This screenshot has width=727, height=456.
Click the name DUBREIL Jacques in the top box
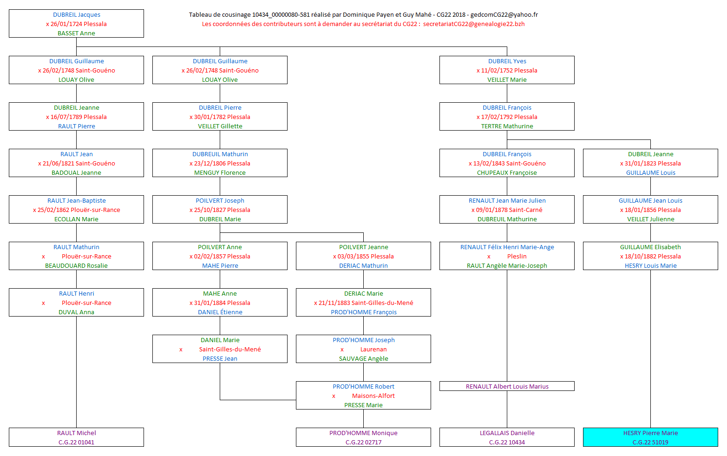[77, 15]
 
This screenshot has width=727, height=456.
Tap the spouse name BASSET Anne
[76, 33]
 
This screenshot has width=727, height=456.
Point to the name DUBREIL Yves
[507, 61]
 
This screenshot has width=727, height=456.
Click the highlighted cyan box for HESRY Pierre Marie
[650, 437]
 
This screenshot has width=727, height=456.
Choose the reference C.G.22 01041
[76, 443]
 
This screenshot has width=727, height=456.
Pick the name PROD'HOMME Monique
[363, 433]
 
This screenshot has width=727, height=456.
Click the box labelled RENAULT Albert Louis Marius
[507, 386]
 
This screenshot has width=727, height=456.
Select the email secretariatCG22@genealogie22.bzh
[474, 24]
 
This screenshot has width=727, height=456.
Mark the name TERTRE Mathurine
[507, 126]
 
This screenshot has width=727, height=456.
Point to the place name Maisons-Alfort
[373, 396]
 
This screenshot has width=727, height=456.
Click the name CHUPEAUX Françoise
[507, 173]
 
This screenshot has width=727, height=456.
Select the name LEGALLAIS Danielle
[507, 433]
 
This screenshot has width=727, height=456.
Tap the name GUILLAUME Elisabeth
[650, 247]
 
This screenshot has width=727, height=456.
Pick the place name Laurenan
[373, 350]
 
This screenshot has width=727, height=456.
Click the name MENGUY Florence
[220, 173]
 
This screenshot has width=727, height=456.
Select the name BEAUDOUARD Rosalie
[76, 266]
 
